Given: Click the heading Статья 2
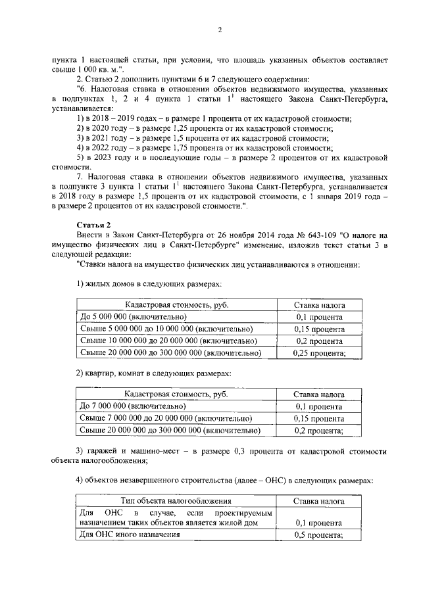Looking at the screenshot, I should click(93, 225).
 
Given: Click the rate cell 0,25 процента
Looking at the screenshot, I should click(318, 353).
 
